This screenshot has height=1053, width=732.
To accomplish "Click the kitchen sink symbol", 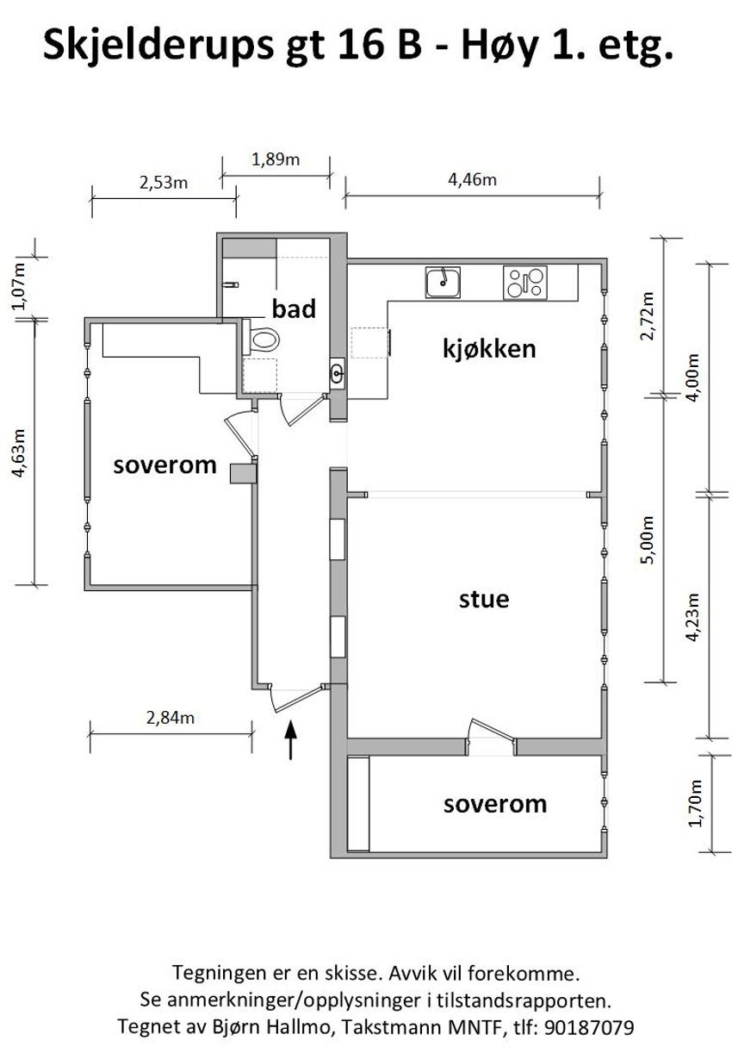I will pos(444,282).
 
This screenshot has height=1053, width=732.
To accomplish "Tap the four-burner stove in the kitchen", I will pos(524,282).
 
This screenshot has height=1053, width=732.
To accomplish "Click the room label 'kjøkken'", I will pos(489,349).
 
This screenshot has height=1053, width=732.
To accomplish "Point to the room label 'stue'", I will pos(483,598).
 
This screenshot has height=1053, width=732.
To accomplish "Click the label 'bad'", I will pos(294,308).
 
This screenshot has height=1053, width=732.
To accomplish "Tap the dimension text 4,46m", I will pos(472,180).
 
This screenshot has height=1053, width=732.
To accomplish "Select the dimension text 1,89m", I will pos(276,159).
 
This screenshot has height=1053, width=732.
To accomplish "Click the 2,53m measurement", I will pos(163,182).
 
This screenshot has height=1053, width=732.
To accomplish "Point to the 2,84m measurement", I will pos(171,718).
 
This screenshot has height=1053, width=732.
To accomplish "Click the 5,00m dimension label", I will pos(648,539).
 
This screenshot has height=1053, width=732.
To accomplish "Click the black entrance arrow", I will pos(290,740).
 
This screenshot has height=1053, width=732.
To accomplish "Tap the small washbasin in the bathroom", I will pos(337,373).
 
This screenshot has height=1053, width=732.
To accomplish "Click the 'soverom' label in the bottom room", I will pos(494,804).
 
